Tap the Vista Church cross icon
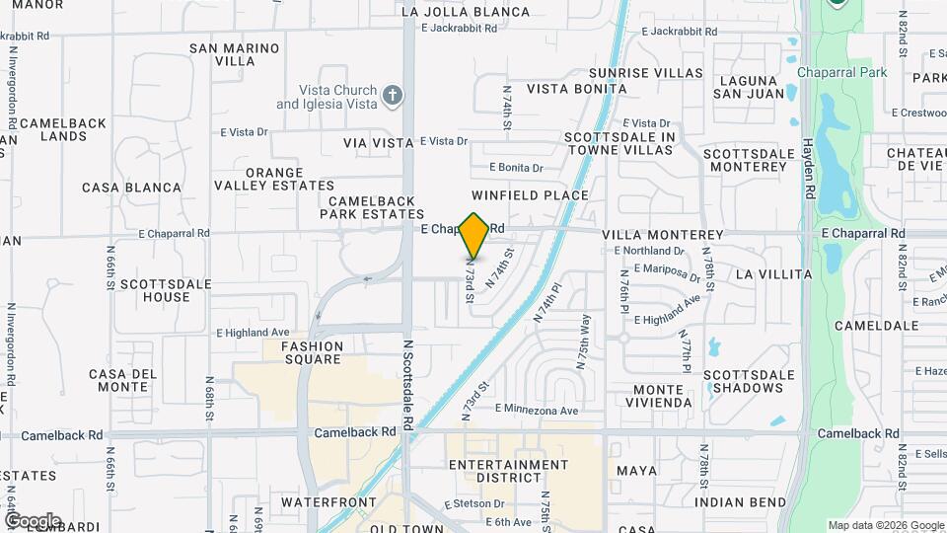point(393,96)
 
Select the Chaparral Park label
point(843,72)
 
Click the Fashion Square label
point(312,352)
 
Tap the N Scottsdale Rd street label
point(406,389)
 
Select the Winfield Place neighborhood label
point(530,195)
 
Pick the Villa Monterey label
point(662,235)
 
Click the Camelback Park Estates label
point(371,207)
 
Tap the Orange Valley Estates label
point(275,179)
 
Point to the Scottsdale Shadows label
point(749,381)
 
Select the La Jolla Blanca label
point(466,13)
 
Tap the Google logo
point(32,520)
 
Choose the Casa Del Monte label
point(123,380)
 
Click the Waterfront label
point(328,502)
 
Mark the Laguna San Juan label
point(751,86)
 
